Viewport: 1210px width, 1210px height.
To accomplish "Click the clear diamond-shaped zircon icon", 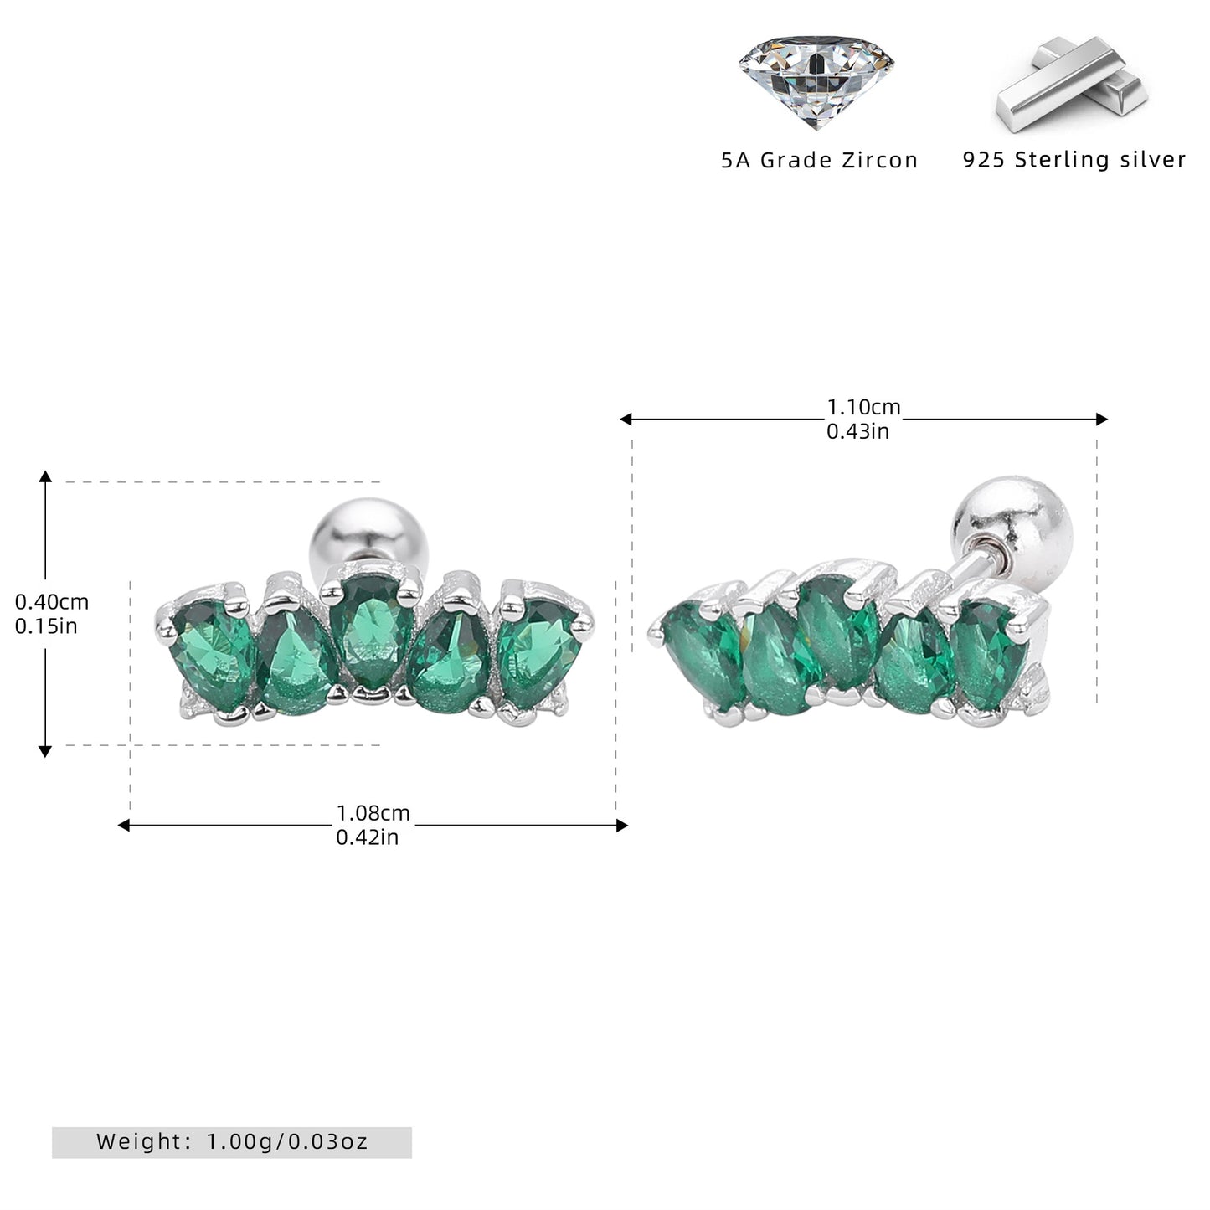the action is coord(816,81).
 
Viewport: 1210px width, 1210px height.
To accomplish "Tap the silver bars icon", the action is coord(1070,84).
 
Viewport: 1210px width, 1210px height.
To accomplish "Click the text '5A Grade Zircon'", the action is coord(819,161).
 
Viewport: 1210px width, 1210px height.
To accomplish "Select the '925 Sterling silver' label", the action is coord(1074,159).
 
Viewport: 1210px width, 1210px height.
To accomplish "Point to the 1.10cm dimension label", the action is coord(863,408).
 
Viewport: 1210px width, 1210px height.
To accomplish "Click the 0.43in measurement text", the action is coord(857,431).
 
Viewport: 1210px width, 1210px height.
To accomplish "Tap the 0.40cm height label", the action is coord(51,602).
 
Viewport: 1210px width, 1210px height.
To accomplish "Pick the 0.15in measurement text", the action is coord(46,626).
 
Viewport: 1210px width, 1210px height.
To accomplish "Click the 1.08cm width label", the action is coord(373,813).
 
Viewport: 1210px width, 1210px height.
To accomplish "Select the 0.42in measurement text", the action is coord(368,837).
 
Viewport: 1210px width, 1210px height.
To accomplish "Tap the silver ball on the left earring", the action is coord(369,533).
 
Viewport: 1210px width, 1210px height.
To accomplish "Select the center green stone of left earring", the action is coord(373,631).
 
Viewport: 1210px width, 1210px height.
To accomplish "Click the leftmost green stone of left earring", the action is coord(213,653).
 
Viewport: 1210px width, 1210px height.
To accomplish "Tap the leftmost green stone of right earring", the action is coord(704,653).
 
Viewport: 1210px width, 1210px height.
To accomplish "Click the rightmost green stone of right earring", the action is coord(988,653).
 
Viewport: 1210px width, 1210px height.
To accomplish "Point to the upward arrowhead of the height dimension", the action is coord(45,476).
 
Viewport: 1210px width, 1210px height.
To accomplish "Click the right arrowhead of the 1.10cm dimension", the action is coord(1101,419).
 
